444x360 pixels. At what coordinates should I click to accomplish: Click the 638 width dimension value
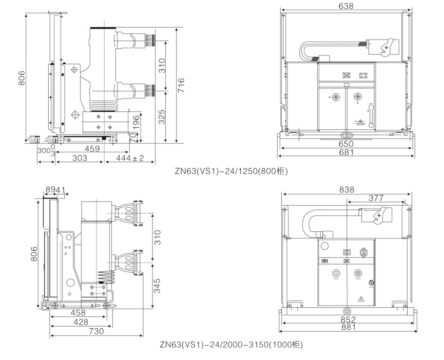coord(346,6)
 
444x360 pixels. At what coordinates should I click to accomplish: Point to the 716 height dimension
coord(180,85)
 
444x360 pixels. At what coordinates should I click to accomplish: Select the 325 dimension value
coord(162,117)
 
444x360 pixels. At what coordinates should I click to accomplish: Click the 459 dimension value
coord(92,149)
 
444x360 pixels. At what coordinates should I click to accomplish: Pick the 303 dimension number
coord(79,159)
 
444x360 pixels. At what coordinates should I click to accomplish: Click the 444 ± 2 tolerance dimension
coord(130,159)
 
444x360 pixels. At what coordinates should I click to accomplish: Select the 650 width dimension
coord(346,144)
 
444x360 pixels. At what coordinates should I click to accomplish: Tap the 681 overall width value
coord(346,153)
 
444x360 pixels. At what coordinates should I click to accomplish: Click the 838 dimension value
coord(347,190)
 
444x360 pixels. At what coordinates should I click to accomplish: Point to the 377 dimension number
coord(376,198)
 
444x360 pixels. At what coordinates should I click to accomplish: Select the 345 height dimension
coord(158,286)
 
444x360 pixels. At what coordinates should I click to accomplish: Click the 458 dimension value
coord(78,313)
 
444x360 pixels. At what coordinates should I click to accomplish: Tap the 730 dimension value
coord(96,331)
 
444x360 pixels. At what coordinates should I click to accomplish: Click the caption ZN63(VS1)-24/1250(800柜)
coord(231,172)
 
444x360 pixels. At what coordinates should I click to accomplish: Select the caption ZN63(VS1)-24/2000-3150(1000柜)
coord(231,345)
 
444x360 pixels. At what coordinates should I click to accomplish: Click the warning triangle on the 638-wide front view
coord(360,123)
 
